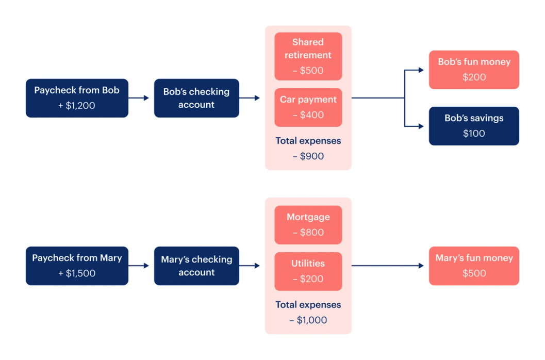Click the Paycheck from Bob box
pyautogui.click(x=77, y=98)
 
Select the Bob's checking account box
pyautogui.click(x=196, y=98)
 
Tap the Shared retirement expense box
pyautogui.click(x=308, y=56)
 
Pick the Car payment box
pyautogui.click(x=308, y=107)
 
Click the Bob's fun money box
pyautogui.click(x=474, y=70)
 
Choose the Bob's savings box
pyautogui.click(x=474, y=126)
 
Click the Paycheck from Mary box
pyautogui.click(x=77, y=266)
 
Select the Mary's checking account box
pyautogui.click(x=196, y=266)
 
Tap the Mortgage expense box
pyautogui.click(x=308, y=225)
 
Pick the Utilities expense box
pyautogui.click(x=308, y=271)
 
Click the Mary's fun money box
pyautogui.click(x=474, y=266)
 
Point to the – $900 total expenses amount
pyautogui.click(x=308, y=156)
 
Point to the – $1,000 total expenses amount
pyautogui.click(x=308, y=320)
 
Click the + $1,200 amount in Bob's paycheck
pyautogui.click(x=77, y=106)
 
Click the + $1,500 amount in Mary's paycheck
pyautogui.click(x=77, y=273)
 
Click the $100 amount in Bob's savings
pyautogui.click(x=474, y=134)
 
